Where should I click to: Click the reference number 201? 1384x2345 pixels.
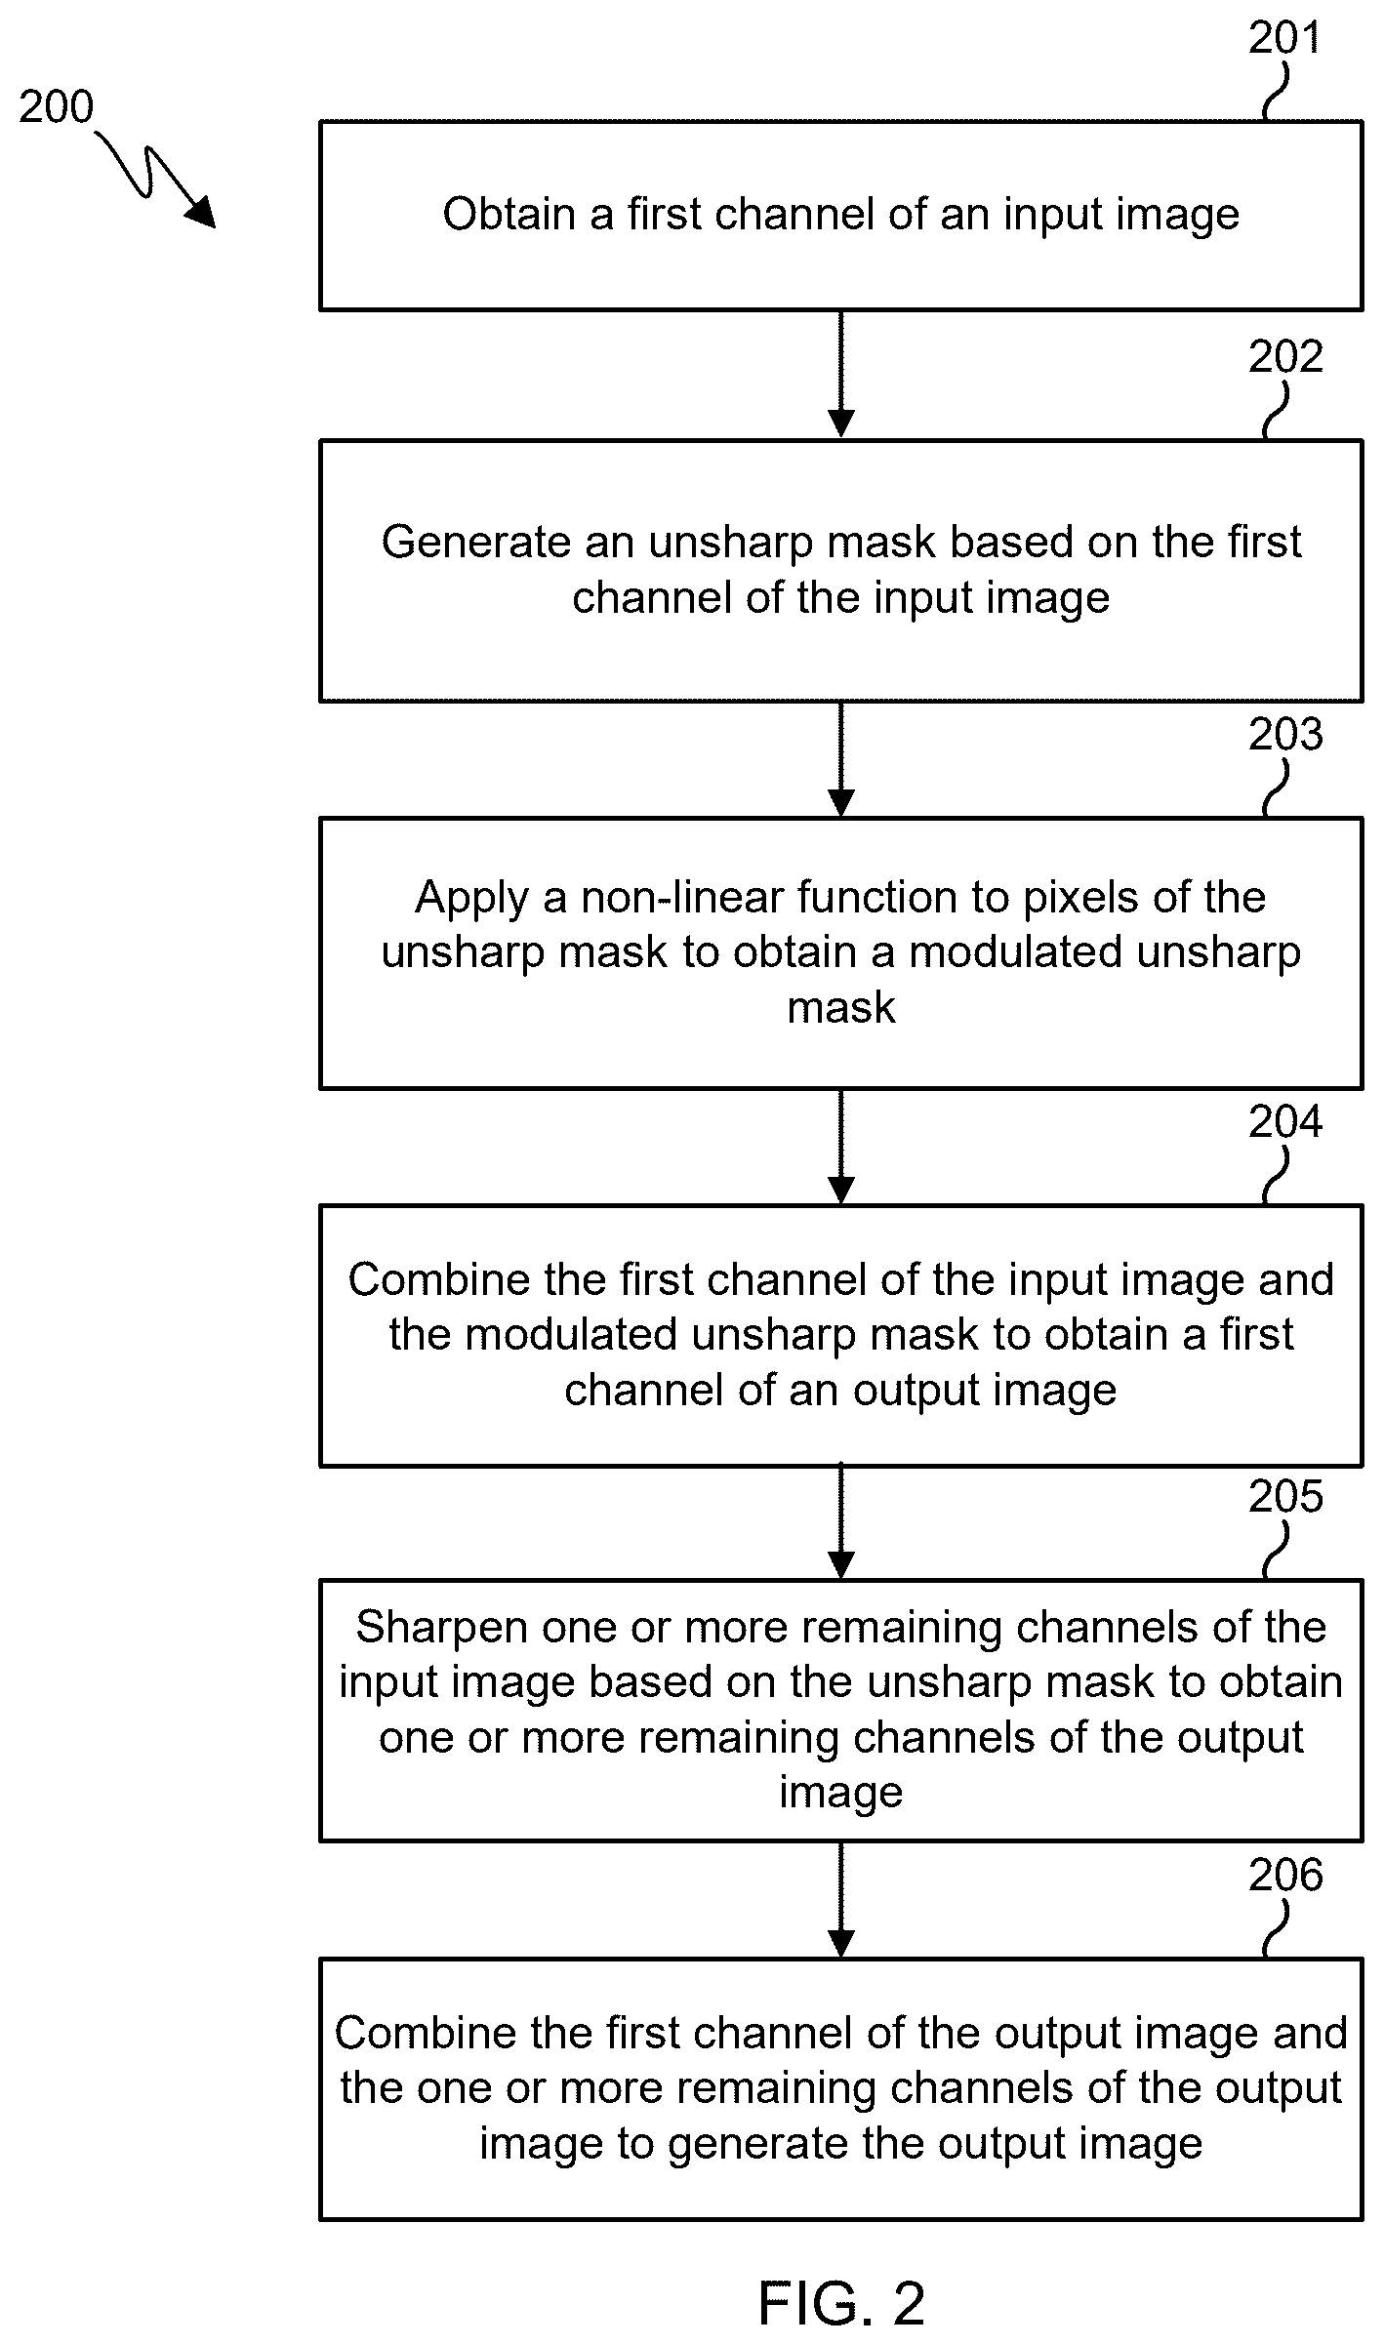(x=1284, y=38)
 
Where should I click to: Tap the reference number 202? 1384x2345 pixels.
(x=1285, y=357)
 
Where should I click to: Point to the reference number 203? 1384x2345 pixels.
(x=1285, y=735)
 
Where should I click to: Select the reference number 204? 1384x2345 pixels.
(x=1285, y=1122)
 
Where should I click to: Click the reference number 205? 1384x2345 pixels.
(x=1285, y=1497)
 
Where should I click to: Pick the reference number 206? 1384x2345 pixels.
(x=1285, y=1875)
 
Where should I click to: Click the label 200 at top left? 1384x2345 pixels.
(x=56, y=107)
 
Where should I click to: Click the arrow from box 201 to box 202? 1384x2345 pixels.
(x=840, y=375)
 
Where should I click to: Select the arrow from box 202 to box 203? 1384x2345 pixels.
(x=840, y=759)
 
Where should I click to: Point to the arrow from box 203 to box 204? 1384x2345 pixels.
(x=840, y=1147)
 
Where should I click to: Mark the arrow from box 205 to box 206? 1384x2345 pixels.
(x=840, y=1899)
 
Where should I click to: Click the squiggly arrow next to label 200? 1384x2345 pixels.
(x=156, y=182)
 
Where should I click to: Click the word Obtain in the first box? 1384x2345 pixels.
(x=509, y=215)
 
